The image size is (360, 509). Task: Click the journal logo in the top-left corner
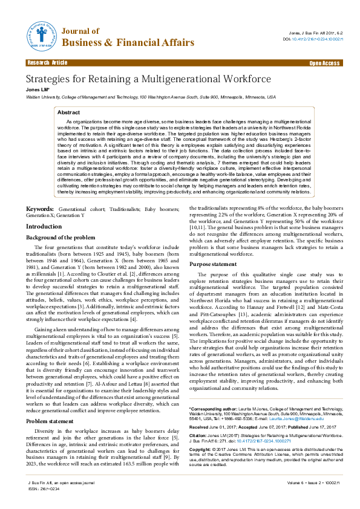(42, 35)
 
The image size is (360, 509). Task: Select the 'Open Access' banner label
(326, 62)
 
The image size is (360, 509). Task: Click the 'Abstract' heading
(68, 112)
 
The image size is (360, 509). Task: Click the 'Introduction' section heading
(44, 226)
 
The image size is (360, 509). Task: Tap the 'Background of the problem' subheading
(61, 237)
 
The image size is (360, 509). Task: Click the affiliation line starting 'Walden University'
(150, 96)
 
